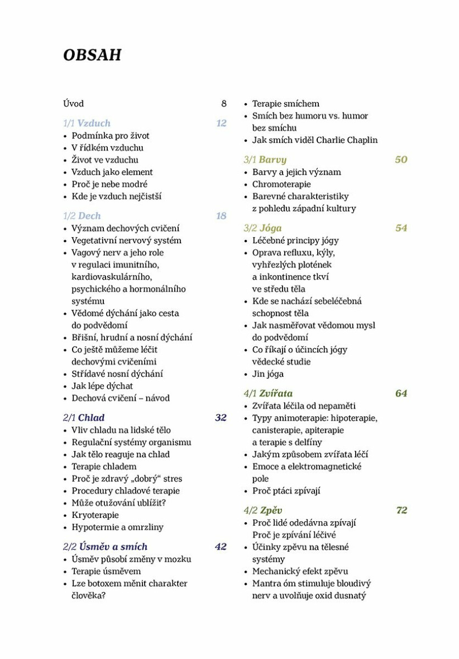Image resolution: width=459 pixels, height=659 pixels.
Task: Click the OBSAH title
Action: point(92,55)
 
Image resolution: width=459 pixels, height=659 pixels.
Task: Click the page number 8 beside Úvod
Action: point(224,103)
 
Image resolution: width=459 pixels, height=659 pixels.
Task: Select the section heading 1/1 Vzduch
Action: point(87,123)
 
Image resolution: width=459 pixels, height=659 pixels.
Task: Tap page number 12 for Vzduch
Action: point(221,123)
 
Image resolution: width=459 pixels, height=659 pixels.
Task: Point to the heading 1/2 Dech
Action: point(82,216)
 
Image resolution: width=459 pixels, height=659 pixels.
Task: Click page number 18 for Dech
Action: point(221,216)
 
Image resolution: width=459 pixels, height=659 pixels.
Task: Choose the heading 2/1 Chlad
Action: point(84,418)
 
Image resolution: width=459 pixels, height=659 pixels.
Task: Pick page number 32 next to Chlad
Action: point(220,418)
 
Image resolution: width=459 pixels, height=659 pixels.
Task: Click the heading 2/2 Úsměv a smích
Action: point(105,547)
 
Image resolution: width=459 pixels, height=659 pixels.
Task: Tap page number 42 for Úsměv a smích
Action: point(220,547)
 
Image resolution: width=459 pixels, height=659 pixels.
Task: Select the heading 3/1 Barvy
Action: point(265,160)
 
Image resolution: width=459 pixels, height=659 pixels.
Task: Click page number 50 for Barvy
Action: point(401,160)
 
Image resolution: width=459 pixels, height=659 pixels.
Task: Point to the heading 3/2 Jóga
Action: point(263,228)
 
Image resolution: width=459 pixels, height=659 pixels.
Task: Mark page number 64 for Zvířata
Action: point(401,393)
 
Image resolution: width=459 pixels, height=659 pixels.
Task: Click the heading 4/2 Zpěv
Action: point(263,510)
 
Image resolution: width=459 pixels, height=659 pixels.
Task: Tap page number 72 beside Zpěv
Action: point(401,510)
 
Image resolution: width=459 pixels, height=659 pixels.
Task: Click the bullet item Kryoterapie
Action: point(95,515)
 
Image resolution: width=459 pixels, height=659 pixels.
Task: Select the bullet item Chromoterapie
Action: point(281,184)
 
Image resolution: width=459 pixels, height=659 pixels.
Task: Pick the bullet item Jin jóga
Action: point(268,374)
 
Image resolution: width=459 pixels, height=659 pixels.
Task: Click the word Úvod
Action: point(74,103)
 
